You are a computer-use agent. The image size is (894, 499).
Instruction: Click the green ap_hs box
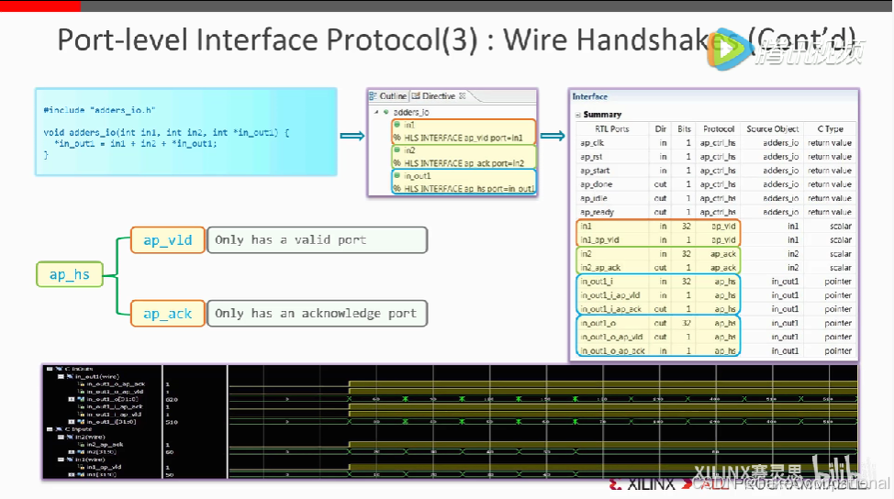click(70, 273)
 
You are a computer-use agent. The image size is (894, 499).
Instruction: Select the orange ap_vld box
click(167, 240)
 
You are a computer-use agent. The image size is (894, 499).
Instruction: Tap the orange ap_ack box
click(167, 314)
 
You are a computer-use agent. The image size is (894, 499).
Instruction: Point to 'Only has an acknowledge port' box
click(317, 314)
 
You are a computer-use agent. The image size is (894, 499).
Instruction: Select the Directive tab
click(438, 96)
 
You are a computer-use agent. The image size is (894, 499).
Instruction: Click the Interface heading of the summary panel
click(590, 96)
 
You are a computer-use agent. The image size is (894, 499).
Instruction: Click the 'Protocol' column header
click(718, 129)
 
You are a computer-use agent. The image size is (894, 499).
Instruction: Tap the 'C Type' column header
click(831, 129)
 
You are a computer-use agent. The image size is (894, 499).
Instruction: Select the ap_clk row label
click(592, 143)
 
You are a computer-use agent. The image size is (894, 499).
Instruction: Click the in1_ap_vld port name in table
click(601, 239)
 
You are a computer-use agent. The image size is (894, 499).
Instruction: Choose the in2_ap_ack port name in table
click(601, 268)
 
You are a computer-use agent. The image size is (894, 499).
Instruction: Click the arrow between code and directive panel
click(352, 137)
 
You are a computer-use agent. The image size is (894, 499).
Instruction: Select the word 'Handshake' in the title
click(660, 41)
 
